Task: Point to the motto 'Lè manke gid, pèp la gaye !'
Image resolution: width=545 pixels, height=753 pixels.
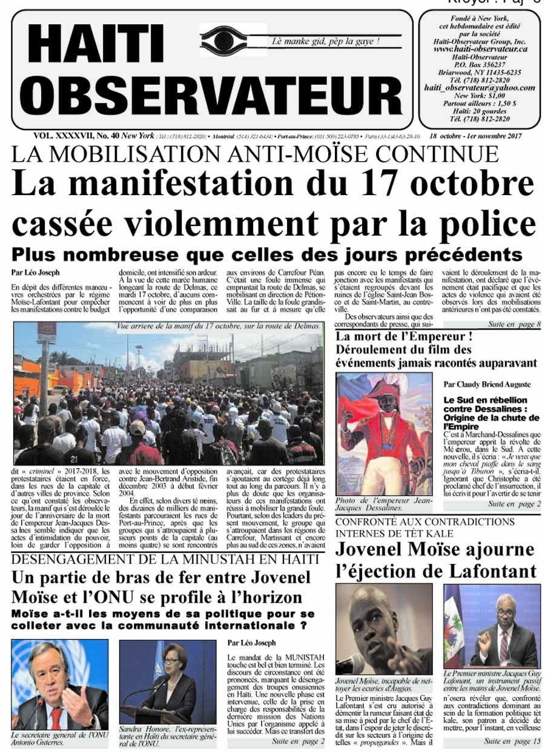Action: point(326,42)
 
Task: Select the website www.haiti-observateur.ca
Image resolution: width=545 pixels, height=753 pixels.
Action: point(480,48)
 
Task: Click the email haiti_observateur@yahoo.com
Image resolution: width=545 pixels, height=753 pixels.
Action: point(480,87)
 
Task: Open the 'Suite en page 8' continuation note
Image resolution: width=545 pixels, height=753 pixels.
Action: point(514,325)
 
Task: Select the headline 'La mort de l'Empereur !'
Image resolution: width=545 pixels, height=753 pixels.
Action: point(404,336)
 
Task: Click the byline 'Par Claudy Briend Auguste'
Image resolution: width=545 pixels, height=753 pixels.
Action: point(487,384)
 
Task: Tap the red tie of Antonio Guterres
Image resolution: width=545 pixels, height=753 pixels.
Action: point(56,718)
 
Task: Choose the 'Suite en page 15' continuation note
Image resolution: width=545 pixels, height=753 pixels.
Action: point(512,741)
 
